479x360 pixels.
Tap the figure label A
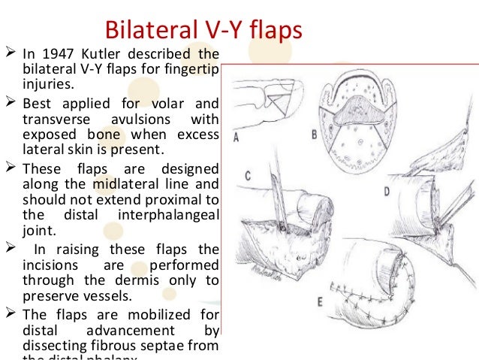click(238, 136)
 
